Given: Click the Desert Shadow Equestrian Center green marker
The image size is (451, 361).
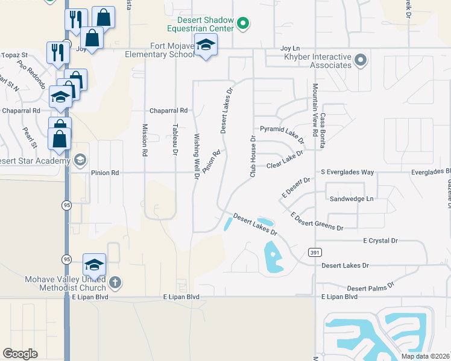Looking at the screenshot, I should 243,24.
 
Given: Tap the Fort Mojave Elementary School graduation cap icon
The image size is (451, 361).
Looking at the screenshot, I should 206,45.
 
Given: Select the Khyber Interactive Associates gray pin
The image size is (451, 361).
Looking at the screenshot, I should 361,60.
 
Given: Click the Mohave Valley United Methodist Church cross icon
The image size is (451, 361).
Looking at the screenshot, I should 115,282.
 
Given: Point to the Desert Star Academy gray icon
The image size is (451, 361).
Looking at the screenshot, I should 80,160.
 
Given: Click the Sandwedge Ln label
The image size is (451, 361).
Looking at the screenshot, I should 352,199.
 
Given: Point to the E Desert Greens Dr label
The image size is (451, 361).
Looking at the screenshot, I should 317,221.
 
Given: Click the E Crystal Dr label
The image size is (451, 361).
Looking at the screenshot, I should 380,241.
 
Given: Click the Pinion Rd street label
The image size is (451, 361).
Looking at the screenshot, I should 105,173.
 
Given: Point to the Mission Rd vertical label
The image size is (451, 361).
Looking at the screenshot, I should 145,140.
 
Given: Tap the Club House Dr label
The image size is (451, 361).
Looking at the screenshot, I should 253,156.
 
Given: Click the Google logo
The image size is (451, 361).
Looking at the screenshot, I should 20,354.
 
